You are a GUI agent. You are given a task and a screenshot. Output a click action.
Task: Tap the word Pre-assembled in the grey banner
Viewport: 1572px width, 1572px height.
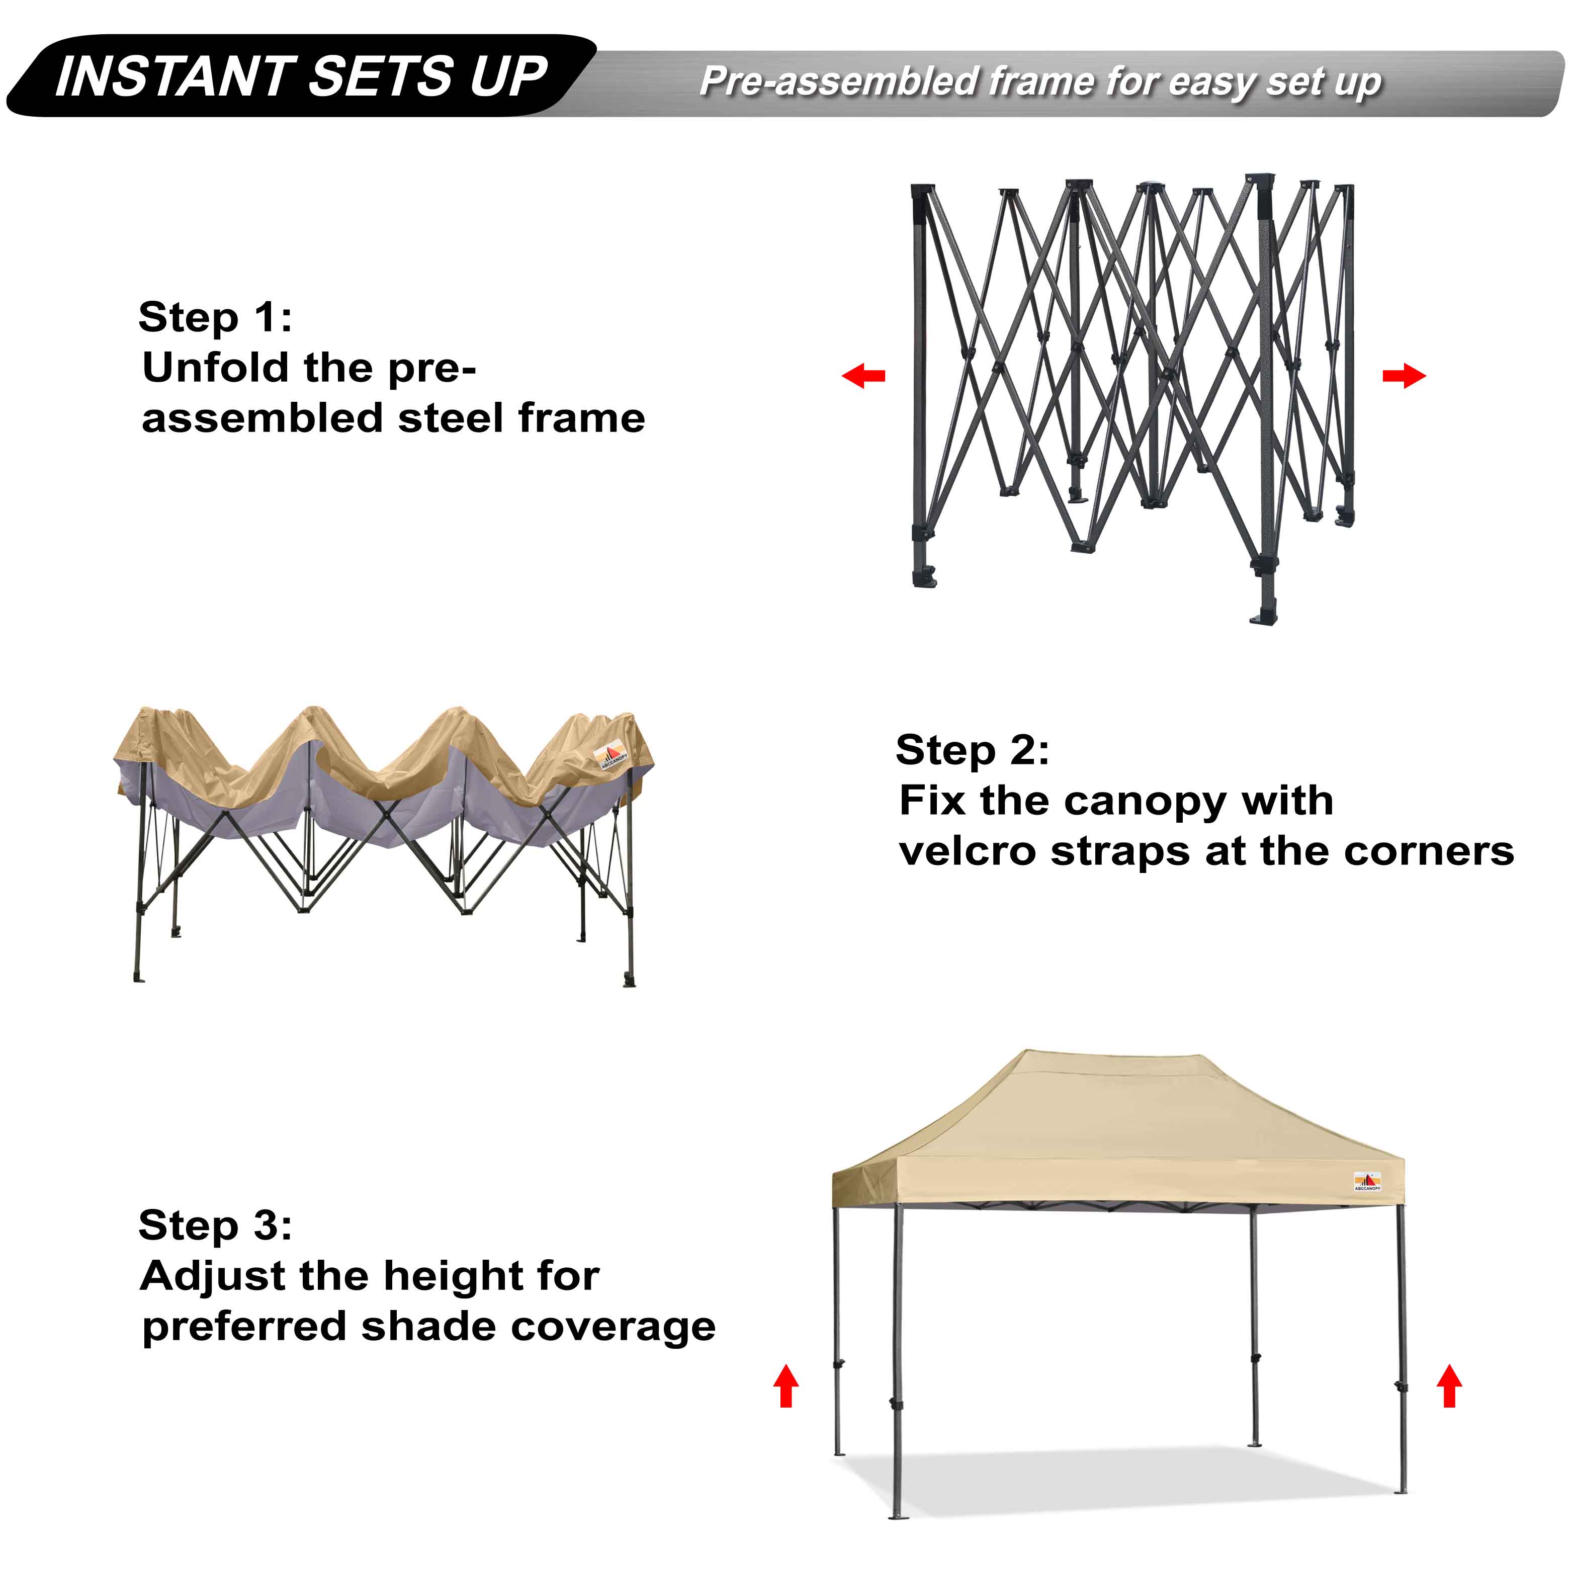coord(839,81)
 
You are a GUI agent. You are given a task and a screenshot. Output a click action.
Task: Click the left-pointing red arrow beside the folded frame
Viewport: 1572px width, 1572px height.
coord(863,376)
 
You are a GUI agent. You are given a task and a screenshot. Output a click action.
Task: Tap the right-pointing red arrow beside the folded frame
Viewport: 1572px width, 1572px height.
coord(1404,376)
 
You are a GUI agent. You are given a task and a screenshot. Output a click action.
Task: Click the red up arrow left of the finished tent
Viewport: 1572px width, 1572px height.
coord(786,1386)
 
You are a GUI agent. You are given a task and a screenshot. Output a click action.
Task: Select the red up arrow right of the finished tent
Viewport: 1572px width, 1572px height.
coord(1449,1386)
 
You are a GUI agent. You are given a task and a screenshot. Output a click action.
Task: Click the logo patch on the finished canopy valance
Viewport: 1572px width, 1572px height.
coord(1367,1181)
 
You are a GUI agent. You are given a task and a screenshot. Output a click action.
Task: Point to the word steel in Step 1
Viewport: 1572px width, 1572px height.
coord(452,418)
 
